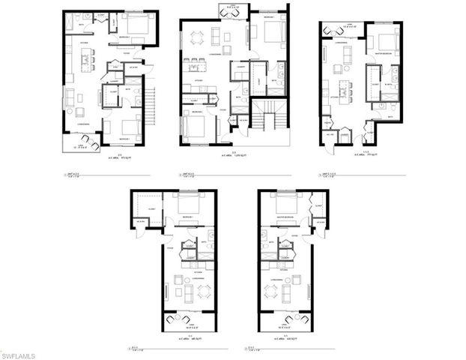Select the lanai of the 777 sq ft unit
(335, 30)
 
